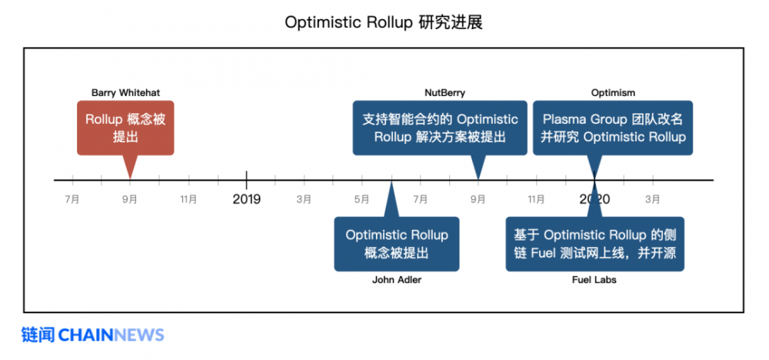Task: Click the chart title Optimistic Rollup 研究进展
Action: click(x=383, y=22)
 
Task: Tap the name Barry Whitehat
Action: click(x=125, y=93)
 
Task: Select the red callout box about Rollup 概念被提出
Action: click(x=125, y=128)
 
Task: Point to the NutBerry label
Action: click(x=444, y=93)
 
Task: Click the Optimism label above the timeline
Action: click(x=613, y=93)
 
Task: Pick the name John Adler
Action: click(x=397, y=280)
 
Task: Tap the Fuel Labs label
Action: click(x=594, y=280)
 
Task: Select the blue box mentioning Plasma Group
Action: click(x=613, y=128)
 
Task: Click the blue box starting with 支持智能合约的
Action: click(x=440, y=128)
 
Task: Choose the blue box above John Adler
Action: click(x=397, y=244)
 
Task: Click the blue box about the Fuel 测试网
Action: click(x=594, y=244)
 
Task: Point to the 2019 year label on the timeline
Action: click(x=246, y=199)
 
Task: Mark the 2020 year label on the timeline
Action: click(x=594, y=199)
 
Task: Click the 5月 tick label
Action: click(x=362, y=199)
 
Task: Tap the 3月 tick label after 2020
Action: click(x=653, y=199)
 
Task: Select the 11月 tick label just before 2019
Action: click(x=188, y=199)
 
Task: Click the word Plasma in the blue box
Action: click(x=565, y=119)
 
